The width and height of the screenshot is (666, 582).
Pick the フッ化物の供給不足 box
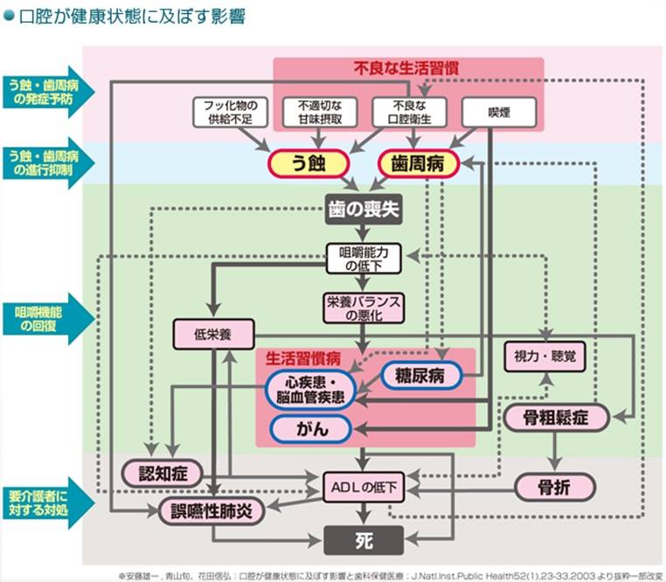point(227,113)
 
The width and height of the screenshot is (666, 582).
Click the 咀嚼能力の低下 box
point(364,257)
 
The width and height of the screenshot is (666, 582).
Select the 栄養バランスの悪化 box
point(364,308)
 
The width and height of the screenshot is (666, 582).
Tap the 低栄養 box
point(213,333)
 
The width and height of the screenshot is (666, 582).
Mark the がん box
point(310,428)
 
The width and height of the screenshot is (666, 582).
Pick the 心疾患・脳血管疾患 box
point(309,390)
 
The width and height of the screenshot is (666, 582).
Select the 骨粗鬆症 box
point(556,418)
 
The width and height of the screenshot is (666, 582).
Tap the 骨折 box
point(556,487)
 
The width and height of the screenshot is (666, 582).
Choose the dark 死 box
point(364,541)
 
